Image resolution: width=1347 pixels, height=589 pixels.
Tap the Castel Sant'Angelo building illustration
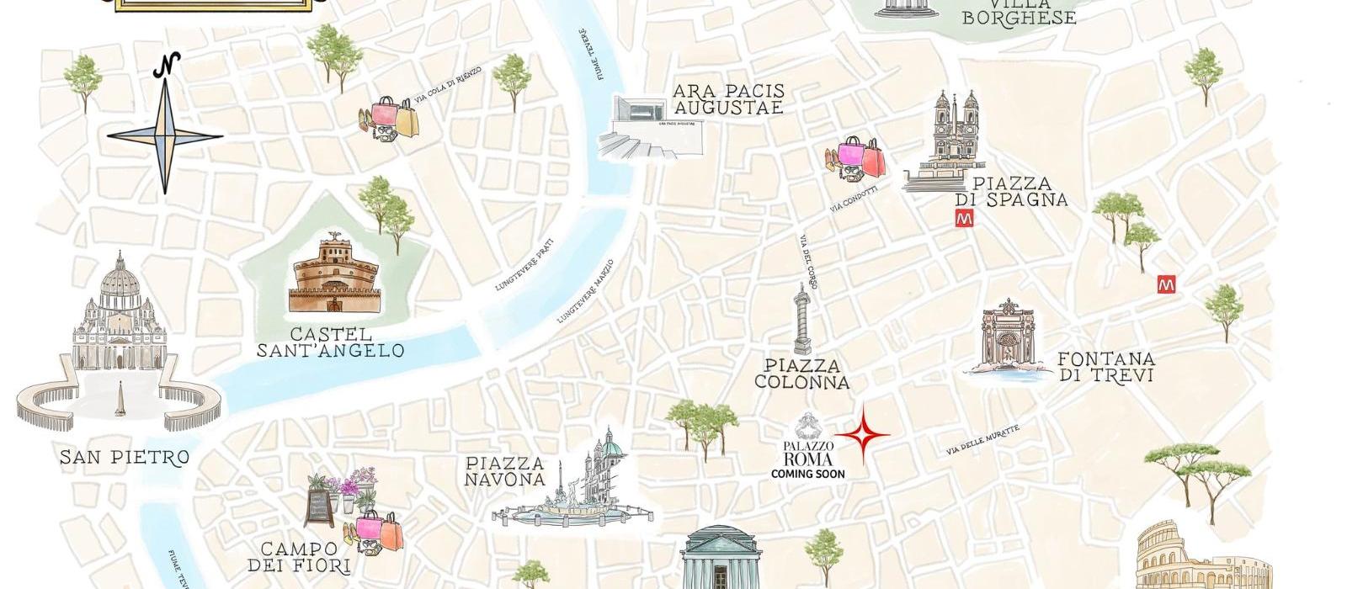point(334,276)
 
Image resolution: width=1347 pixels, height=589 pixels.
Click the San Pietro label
point(124,458)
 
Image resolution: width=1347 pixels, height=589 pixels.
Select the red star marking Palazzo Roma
point(862,435)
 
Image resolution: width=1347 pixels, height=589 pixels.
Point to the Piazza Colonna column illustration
point(801,320)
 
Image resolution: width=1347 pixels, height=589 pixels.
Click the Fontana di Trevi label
point(1105,367)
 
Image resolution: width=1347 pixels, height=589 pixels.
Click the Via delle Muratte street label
point(982,441)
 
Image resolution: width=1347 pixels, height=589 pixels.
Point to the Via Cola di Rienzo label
point(448,85)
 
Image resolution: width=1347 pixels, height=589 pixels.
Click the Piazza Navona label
point(505,471)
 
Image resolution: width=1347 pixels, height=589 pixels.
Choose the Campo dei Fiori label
point(305,557)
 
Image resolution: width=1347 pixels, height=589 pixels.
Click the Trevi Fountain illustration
point(1006,341)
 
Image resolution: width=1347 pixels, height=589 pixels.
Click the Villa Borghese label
point(1019,13)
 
